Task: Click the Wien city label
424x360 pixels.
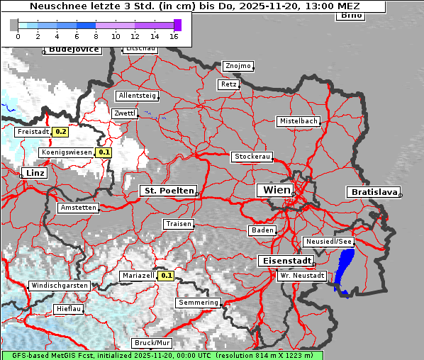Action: pyautogui.click(x=277, y=190)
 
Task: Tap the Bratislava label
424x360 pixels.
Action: pyautogui.click(x=373, y=192)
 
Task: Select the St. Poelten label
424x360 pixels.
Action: pyautogui.click(x=167, y=191)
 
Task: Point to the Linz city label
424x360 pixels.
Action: pyautogui.click(x=34, y=173)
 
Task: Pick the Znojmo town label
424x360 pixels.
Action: pyautogui.click(x=238, y=66)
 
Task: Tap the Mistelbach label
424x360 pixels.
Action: pyautogui.click(x=298, y=121)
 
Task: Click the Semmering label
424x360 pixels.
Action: pyautogui.click(x=199, y=303)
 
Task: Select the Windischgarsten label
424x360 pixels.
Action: pyautogui.click(x=60, y=286)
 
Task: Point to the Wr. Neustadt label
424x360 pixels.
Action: pyautogui.click(x=302, y=275)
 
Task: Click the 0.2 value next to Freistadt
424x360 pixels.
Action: pyautogui.click(x=61, y=131)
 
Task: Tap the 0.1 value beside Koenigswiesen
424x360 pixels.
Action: pyautogui.click(x=104, y=152)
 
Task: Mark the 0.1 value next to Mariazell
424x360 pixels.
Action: pyautogui.click(x=167, y=276)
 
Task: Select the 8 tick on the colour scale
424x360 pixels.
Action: pyautogui.click(x=96, y=36)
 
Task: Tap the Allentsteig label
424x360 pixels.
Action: pyautogui.click(x=137, y=96)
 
